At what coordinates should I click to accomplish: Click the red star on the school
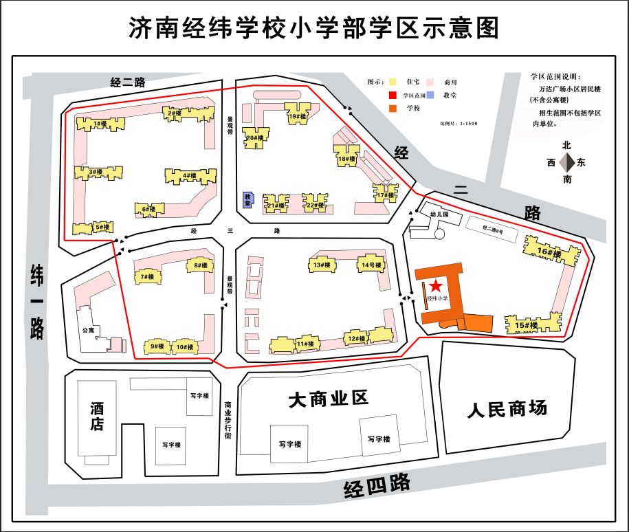pos(436,285)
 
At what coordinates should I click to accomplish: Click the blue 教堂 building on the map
pos(248,199)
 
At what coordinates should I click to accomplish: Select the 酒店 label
pos(97,416)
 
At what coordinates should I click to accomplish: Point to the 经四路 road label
pos(377,486)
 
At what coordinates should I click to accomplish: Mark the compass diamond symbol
pos(568,163)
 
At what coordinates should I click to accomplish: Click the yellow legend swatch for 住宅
pos(393,81)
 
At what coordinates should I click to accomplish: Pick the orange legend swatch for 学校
pos(393,108)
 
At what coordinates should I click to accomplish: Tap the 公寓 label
pos(87,330)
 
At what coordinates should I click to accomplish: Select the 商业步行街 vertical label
pos(228,421)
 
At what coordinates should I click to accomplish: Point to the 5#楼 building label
pos(102,227)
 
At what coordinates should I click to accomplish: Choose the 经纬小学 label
pos(437,298)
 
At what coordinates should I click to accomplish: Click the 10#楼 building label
pos(184,347)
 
